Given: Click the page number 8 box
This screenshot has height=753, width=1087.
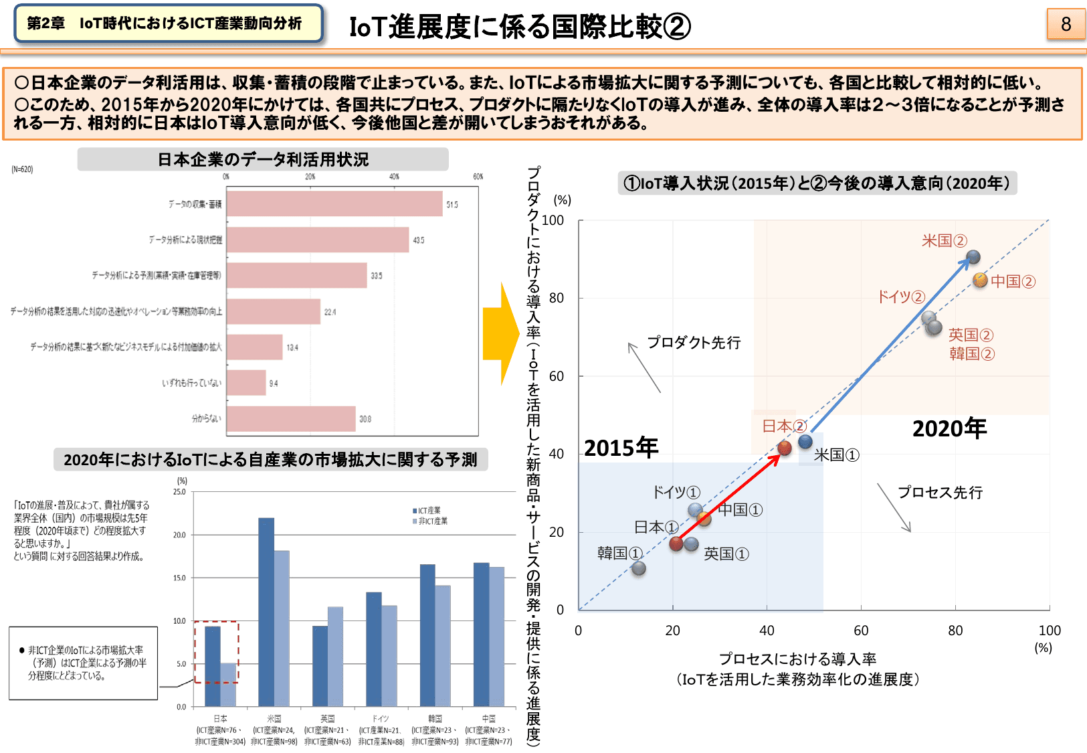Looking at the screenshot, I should (x=1066, y=24).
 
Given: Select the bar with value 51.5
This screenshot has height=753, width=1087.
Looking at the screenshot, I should (x=334, y=204).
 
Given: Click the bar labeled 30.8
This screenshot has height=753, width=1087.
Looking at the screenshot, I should (x=291, y=419).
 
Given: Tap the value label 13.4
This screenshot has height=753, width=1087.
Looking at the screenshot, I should (x=292, y=347).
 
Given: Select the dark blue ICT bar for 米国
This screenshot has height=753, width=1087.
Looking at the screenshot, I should (x=266, y=612).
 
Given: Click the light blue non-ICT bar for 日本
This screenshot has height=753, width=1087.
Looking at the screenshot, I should (x=229, y=684).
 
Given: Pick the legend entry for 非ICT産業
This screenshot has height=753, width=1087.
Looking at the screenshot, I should (x=431, y=521).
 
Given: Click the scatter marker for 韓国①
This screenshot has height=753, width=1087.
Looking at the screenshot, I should (x=639, y=568).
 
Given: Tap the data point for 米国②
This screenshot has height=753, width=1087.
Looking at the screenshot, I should (x=973, y=257).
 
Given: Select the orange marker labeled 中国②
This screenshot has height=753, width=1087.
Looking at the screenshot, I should (x=980, y=280).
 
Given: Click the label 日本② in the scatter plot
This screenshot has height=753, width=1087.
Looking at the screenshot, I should (x=784, y=426).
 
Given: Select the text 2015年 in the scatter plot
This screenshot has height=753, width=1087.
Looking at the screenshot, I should (x=621, y=447).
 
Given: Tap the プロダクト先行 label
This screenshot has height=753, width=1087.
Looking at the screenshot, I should (x=694, y=342).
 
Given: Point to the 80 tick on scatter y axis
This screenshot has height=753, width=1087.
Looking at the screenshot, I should (x=557, y=298).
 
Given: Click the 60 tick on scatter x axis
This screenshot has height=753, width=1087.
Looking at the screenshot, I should (x=861, y=631).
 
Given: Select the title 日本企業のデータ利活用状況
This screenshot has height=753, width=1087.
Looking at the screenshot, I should (x=263, y=159).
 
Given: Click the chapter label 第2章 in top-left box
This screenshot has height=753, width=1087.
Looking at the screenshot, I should (x=45, y=23).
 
